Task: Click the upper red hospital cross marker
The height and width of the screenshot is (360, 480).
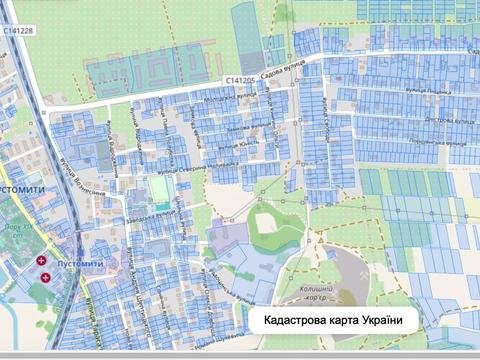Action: tap(41, 261)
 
